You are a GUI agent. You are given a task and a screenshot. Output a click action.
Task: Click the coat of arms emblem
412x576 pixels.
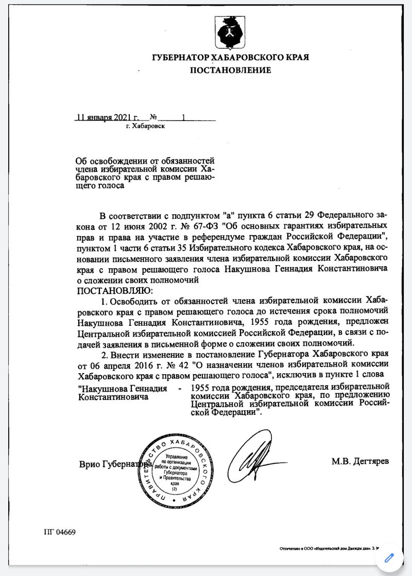point(230,32)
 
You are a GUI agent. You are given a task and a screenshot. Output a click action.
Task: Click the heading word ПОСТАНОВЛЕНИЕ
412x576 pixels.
point(230,70)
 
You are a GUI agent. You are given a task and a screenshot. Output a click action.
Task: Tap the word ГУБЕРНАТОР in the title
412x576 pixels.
point(182,57)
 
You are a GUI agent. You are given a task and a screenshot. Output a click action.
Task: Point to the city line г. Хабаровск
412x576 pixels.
point(145,126)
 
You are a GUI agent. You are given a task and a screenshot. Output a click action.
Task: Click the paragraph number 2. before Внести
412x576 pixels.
point(105,355)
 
